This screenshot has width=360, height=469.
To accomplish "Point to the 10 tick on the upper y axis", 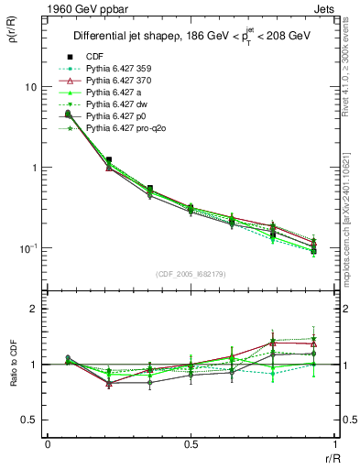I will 30,87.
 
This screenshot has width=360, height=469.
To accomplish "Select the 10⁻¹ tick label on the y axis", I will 28,248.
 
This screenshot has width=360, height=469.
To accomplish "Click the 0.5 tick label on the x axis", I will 191,444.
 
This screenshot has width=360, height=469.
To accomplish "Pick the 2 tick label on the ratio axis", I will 35,309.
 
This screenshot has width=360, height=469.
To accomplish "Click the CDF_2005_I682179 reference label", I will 191,274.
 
